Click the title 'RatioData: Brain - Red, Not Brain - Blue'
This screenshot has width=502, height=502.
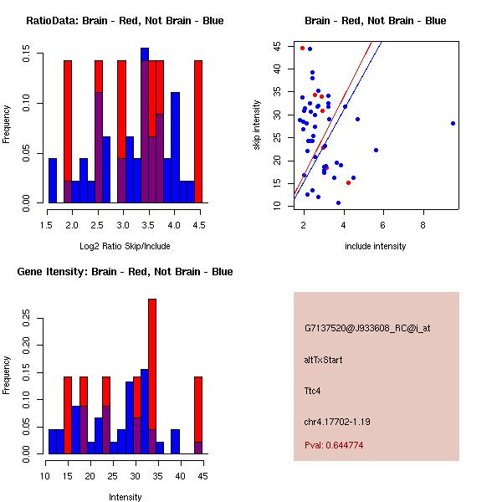coord(125,20)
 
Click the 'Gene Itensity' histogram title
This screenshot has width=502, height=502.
coord(125,271)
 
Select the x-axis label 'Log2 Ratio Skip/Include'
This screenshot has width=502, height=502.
coord(125,245)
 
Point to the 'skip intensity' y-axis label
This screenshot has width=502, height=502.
coord(258,125)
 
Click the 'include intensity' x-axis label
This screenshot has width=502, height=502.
coord(376,246)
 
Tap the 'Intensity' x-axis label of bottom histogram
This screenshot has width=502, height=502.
coord(125,497)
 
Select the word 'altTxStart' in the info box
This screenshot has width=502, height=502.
coord(324,360)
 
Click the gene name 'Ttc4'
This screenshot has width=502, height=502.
coord(313,390)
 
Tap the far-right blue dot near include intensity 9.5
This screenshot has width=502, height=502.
coord(453,123)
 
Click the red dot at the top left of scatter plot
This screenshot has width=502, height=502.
coord(302,48)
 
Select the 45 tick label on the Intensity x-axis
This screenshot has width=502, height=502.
coord(199,476)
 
